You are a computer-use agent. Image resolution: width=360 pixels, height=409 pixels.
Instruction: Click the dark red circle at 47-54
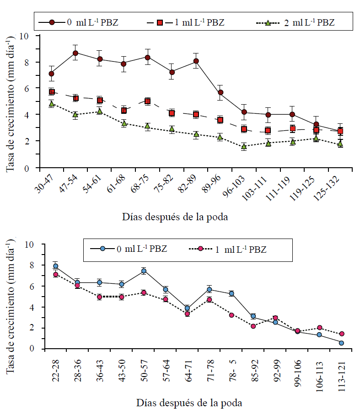pos(75,53)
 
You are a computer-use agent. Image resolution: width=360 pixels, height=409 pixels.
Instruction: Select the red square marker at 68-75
pos(147,101)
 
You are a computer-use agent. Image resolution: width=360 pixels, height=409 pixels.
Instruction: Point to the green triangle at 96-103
pos(244,147)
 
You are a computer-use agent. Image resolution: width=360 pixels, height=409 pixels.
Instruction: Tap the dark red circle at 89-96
pos(220,93)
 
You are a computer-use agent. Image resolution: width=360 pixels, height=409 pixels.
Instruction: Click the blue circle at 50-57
pos(144,271)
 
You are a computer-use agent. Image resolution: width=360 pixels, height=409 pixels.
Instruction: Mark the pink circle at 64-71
pos(187,313)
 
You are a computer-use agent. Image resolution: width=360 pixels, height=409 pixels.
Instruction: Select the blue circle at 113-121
pos(341,343)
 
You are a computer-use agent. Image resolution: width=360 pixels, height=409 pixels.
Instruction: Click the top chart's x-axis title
pos(175,217)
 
